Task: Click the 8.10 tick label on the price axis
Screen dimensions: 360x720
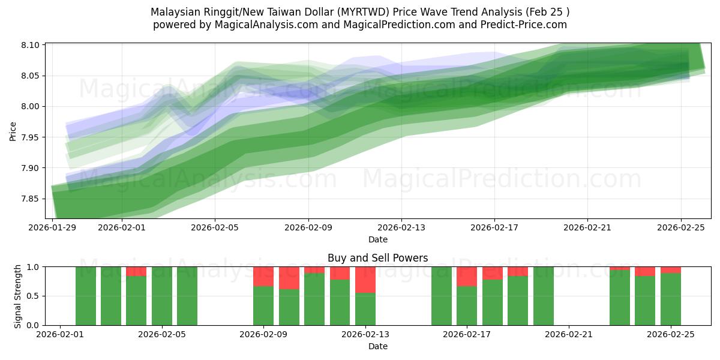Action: (30, 46)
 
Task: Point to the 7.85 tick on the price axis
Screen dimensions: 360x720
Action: (30, 199)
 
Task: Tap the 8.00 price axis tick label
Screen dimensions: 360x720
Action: (30, 107)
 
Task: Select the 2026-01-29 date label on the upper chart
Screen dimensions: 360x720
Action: (53, 227)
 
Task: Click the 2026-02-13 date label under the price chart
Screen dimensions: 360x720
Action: (401, 227)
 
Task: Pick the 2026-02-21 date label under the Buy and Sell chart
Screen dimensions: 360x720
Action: (568, 335)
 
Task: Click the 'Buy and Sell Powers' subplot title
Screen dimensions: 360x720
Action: (378, 259)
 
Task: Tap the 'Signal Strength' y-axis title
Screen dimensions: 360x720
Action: (18, 296)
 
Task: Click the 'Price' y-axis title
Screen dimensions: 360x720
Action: (13, 131)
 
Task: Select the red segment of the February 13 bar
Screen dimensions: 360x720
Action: (365, 280)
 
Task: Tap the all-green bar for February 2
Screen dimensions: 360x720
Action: (86, 296)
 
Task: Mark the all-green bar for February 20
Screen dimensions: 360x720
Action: (543, 296)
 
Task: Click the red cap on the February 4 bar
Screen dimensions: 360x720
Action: (136, 271)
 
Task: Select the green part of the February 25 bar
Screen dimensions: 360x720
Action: (670, 299)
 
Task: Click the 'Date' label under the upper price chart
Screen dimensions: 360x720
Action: (378, 239)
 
